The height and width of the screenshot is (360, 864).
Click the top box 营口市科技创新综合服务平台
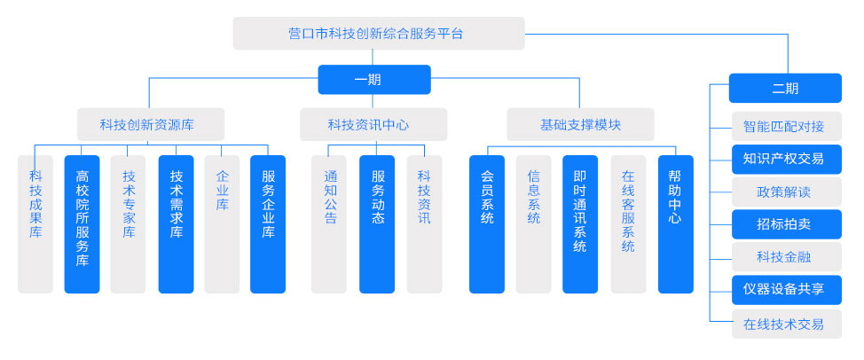378,34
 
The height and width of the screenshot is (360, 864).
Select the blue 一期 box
374,80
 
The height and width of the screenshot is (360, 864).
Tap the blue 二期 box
785,88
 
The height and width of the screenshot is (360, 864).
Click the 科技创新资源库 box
149,124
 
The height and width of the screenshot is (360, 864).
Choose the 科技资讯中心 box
373,124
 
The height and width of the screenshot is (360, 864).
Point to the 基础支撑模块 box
580,124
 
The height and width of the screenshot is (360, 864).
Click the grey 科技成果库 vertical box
35,223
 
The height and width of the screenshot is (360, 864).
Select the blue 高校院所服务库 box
82,223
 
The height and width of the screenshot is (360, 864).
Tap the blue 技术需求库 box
176,223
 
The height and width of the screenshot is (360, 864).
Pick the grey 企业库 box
222,223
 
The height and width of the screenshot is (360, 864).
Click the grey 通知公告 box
329,223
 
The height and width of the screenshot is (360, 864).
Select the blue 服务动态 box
377,223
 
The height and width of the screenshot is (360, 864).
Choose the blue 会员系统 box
487,223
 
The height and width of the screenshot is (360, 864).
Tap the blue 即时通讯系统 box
580,223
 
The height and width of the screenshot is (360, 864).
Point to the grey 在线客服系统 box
628,223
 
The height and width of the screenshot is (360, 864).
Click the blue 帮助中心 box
675,223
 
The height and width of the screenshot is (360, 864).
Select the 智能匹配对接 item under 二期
785,125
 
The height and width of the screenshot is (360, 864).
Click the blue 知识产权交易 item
785,159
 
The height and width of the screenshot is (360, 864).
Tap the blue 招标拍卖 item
785,224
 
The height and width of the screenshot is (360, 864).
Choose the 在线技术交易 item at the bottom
785,324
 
